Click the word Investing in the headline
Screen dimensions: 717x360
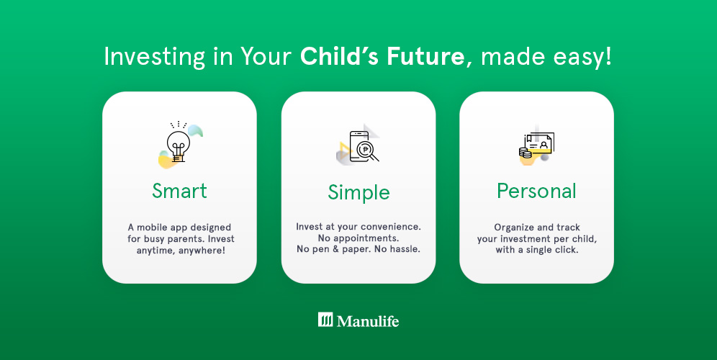155,57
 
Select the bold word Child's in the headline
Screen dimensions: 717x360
339,57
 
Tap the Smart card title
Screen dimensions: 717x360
179,191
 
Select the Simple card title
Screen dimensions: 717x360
358,192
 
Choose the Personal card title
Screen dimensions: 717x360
536,191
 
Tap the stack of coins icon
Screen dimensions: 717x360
526,153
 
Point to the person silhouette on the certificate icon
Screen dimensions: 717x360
544,145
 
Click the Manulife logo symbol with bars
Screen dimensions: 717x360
325,320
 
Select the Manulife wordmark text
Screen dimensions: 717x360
368,320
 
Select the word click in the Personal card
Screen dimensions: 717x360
567,250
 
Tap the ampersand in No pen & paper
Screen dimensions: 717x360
334,249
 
